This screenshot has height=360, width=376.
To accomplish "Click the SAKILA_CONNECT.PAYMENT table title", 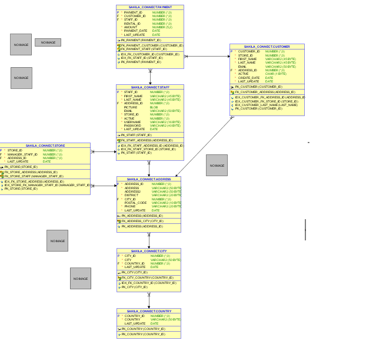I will (x=150, y=7).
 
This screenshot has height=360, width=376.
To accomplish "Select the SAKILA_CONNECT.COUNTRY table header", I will (x=149, y=311).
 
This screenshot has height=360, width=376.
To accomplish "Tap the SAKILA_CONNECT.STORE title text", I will (x=45, y=146).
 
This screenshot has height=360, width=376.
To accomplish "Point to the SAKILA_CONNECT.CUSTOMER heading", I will (x=267, y=47).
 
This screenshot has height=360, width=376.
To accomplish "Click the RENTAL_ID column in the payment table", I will (x=132, y=24).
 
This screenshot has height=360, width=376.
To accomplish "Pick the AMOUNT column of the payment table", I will (x=130, y=27).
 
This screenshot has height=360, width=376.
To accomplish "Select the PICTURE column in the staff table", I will (x=131, y=107).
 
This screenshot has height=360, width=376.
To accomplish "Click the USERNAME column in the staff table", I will (x=132, y=122).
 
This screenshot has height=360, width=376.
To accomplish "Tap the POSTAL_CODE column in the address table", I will (x=135, y=203).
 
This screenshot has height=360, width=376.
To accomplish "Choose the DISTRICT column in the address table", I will (x=131, y=195).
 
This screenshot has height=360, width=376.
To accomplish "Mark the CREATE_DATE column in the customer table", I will (x=248, y=78).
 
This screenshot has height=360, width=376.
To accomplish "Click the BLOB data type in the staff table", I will (x=154, y=107).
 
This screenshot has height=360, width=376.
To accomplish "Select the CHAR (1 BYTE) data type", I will (x=276, y=74).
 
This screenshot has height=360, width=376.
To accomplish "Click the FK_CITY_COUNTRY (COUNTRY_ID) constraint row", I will (x=147, y=278).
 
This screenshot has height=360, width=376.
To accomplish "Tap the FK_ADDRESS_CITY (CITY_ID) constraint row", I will (x=142, y=221).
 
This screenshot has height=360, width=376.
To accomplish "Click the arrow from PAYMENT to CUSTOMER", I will (x=207, y=57).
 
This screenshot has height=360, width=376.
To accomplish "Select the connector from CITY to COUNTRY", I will (x=149, y=300).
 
